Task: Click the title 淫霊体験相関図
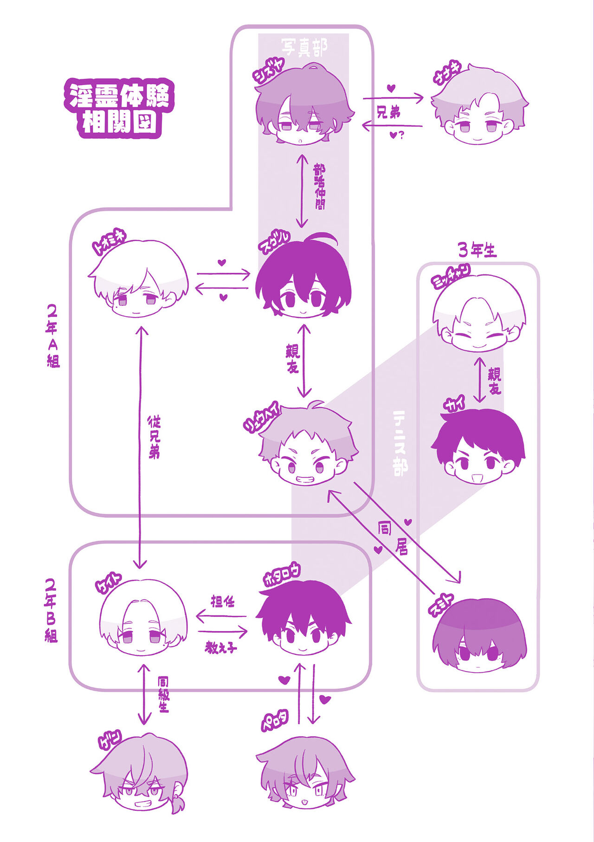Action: click(119, 109)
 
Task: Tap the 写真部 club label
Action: click(304, 46)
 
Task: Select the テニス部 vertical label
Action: click(400, 443)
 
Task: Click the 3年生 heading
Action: click(477, 250)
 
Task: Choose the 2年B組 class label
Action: click(51, 610)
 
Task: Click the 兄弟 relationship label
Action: click(388, 113)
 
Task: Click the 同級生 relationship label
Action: click(163, 694)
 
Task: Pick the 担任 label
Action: click(222, 602)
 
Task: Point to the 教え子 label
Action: click(221, 647)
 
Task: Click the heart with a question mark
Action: click(397, 136)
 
